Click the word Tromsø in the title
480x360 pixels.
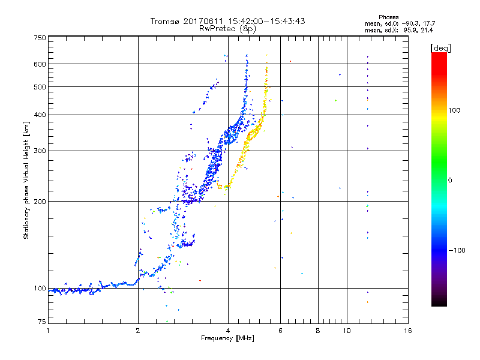[x=164, y=21]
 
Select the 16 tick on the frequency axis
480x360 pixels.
[x=407, y=331]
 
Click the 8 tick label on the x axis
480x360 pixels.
[x=318, y=331]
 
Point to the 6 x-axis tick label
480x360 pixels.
[x=281, y=331]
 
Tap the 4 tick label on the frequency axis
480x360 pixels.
[x=228, y=331]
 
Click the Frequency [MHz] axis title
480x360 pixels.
[x=228, y=339]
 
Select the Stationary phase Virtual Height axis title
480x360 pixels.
[x=26, y=180]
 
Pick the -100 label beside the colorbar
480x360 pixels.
[x=457, y=250]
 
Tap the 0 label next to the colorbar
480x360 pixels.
[x=450, y=180]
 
